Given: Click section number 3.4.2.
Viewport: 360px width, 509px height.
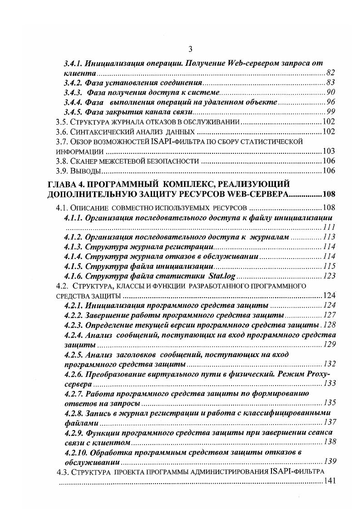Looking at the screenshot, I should pos(75,83).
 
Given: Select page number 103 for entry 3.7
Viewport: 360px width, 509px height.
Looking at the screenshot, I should pos(328,152).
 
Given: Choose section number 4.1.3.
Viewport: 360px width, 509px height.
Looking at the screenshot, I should pos(74,247).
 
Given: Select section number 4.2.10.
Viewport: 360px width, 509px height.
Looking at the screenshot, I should pos(76,453).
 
